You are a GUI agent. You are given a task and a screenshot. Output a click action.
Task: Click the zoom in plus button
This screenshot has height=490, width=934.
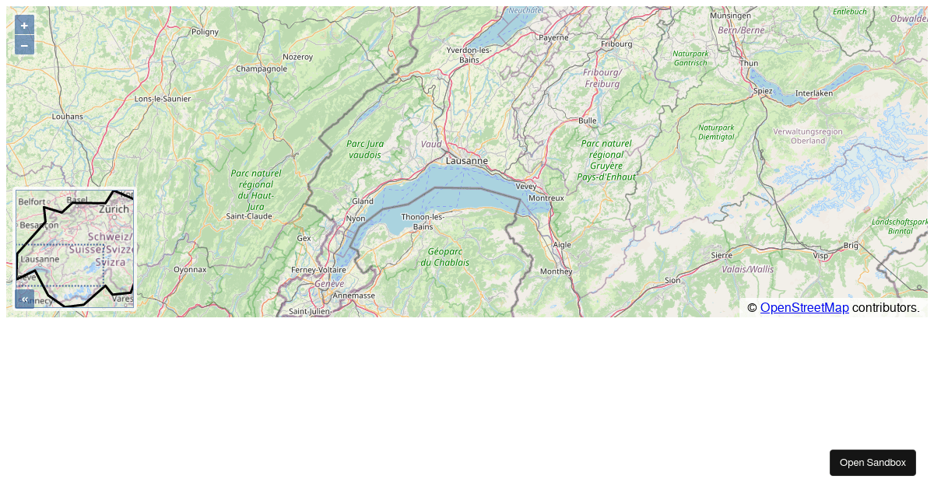pyautogui.click(x=24, y=25)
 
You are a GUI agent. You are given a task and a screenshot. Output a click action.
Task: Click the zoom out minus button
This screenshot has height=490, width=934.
pyautogui.click(x=24, y=45)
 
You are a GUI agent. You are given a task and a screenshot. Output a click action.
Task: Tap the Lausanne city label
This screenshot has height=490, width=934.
pyautogui.click(x=467, y=160)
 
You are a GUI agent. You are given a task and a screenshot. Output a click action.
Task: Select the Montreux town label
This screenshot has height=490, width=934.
pyautogui.click(x=546, y=198)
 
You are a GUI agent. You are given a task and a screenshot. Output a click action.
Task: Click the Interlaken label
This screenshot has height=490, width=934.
pyautogui.click(x=814, y=93)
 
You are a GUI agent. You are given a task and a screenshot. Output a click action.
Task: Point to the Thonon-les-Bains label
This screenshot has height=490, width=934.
pyautogui.click(x=423, y=221)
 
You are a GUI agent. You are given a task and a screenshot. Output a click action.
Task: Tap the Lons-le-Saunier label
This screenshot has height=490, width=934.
pyautogui.click(x=163, y=99)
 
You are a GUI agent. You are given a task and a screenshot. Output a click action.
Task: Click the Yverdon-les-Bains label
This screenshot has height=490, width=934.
pyautogui.click(x=469, y=54)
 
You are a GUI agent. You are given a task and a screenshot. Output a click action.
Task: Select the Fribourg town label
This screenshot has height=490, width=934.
pyautogui.click(x=616, y=44)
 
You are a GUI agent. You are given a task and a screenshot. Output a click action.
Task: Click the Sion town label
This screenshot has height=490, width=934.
pyautogui.click(x=672, y=280)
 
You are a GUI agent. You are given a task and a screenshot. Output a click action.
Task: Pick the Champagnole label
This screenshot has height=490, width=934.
pyautogui.click(x=262, y=68)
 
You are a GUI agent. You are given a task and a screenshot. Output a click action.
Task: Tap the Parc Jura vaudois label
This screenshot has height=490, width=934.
pyautogui.click(x=365, y=149)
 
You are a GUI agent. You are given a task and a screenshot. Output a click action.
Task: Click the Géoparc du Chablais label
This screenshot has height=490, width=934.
pyautogui.click(x=444, y=257)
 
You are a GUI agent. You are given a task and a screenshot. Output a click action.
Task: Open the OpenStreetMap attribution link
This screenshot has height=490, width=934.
pyautogui.click(x=804, y=308)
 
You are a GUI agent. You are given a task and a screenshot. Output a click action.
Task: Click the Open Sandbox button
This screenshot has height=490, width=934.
pyautogui.click(x=872, y=463)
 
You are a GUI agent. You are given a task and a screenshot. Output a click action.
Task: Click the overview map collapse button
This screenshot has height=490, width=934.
pyautogui.click(x=24, y=299)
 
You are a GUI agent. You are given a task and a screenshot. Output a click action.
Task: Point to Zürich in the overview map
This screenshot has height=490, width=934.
pyautogui.click(x=114, y=209)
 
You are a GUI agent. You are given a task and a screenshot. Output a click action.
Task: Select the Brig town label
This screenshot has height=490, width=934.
pyautogui.click(x=850, y=245)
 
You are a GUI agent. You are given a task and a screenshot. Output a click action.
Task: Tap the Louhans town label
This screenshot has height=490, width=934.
pyautogui.click(x=67, y=117)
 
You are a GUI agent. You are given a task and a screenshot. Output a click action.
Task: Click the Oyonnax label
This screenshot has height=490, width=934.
pyautogui.click(x=190, y=269)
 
